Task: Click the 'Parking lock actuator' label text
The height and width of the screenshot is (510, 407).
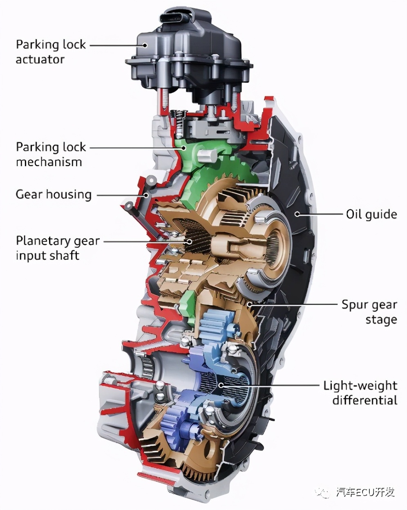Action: pos(51,52)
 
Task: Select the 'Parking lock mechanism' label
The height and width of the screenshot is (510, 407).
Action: pos(51,154)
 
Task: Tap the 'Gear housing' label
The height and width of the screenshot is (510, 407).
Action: pos(54,194)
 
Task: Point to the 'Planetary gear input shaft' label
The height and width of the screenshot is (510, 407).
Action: pos(57,248)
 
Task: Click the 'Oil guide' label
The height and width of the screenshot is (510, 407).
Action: pos(371,214)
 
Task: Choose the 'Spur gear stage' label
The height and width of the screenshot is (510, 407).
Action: pos(369,312)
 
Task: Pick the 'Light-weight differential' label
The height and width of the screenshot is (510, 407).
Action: pos(360,393)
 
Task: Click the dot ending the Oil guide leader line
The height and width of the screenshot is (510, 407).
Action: pos(297,214)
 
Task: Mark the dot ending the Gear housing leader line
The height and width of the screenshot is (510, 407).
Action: pos(145,195)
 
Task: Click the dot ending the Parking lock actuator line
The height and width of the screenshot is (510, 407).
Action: pos(145,45)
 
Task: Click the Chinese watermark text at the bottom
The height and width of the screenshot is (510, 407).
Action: pos(365,492)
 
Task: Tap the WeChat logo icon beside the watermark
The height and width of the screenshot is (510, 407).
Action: pos(325,492)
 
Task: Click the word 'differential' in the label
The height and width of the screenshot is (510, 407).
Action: pos(365,400)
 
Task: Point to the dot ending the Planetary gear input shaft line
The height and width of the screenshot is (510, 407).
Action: pos(189,241)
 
